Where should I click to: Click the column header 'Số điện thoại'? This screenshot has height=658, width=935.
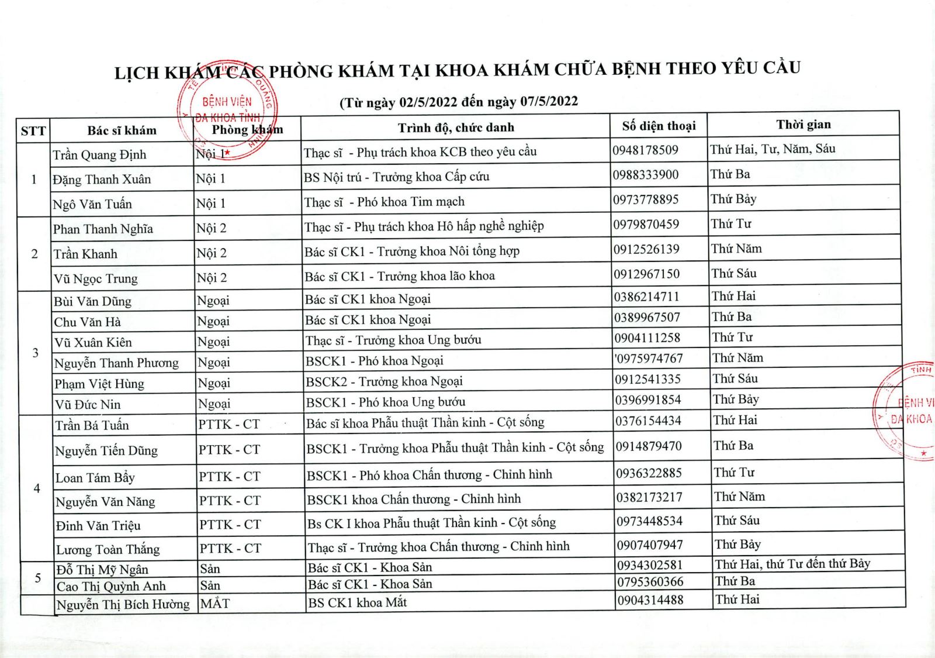[x=659, y=126]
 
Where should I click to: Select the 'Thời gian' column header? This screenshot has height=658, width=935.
[x=803, y=124]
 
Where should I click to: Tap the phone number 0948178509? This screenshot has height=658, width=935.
[x=645, y=150]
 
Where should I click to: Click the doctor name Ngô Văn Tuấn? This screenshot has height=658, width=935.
[x=92, y=204]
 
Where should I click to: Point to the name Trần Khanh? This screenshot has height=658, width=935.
[x=85, y=254]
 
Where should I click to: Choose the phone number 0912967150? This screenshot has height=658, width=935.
[x=646, y=274]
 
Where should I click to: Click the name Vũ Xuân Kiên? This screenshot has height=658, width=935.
[x=93, y=342]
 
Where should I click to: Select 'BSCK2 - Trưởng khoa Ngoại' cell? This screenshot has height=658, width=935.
[x=384, y=381]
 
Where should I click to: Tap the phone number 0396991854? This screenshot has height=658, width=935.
[x=647, y=399]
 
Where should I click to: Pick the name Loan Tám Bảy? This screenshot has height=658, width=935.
[x=95, y=477]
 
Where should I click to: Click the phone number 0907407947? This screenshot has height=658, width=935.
[x=650, y=545]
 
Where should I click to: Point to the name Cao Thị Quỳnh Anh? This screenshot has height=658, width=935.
[x=111, y=586]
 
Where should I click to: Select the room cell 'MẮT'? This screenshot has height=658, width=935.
[x=214, y=603]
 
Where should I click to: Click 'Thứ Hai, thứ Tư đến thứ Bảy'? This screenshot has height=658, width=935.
[x=792, y=564]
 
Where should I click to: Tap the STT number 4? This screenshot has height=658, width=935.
[x=37, y=488]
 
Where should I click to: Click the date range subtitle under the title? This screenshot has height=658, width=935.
[x=459, y=102]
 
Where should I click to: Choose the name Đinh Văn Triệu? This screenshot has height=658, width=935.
[x=98, y=525]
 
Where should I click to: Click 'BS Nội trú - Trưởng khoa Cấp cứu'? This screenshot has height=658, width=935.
[x=396, y=177]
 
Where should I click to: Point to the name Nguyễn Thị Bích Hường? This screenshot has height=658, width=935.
[x=123, y=604]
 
